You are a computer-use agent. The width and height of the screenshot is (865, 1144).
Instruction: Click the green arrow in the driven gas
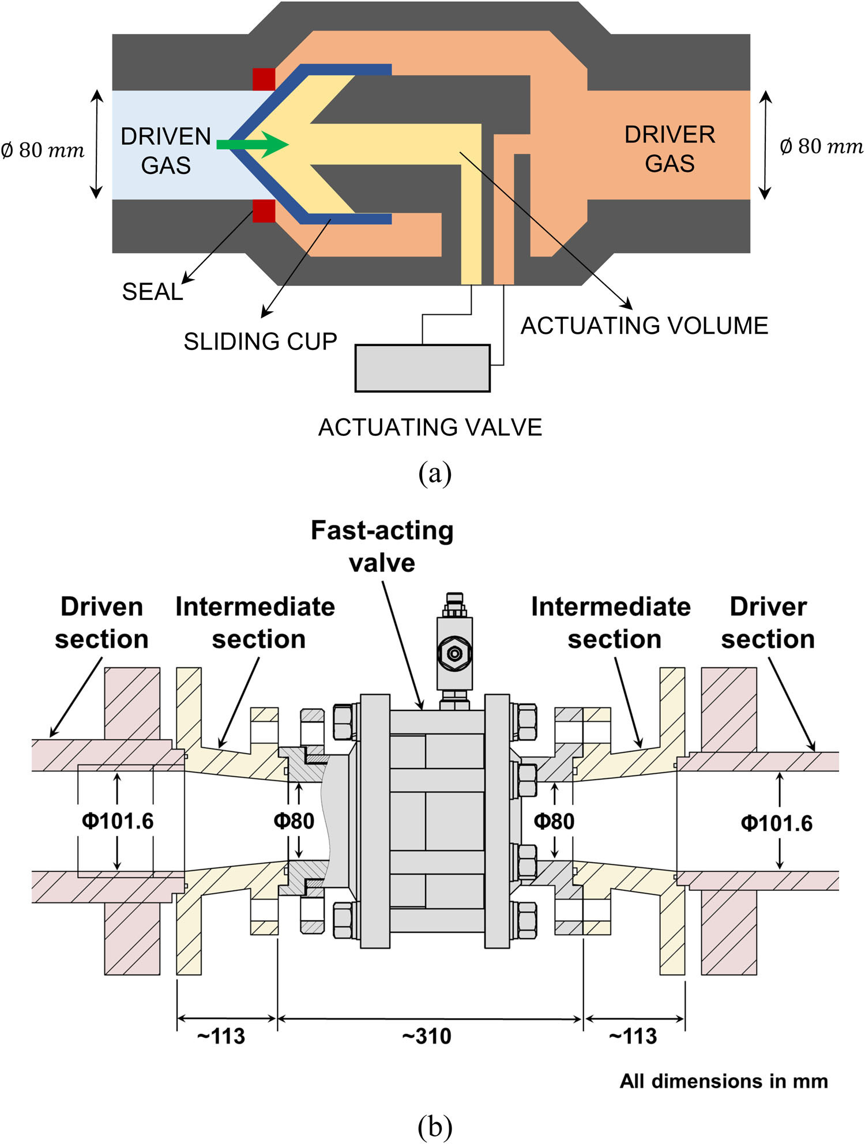coord(254,144)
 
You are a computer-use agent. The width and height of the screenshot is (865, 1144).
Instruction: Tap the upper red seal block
coord(264,80)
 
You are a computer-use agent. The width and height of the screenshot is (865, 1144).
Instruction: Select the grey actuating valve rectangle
coord(422,368)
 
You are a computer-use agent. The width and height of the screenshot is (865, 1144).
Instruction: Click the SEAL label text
coord(152,292)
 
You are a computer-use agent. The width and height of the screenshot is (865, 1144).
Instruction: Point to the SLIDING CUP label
coord(260,341)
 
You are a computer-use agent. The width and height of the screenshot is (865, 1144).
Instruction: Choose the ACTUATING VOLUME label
coord(644,326)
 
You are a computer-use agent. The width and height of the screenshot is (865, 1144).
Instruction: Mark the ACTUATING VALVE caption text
coord(430,427)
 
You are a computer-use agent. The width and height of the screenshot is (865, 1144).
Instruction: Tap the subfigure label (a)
coord(435,473)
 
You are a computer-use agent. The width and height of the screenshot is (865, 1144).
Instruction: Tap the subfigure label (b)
coord(435,1126)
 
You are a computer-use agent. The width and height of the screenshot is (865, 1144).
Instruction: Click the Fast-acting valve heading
coord(382,546)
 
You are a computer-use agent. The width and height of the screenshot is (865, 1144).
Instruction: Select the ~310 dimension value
coord(427,1036)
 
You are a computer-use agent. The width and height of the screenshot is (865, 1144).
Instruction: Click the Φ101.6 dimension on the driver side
coord(776,823)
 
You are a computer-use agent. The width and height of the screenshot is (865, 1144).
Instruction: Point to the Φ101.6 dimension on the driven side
coord(118,821)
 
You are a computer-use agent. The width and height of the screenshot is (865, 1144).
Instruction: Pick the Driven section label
coord(101,623)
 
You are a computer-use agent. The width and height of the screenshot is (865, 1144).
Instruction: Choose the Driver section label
coord(768,623)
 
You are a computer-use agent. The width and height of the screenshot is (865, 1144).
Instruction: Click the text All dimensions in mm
coord(724,1081)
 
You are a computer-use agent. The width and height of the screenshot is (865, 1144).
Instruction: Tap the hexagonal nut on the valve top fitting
coord(454,653)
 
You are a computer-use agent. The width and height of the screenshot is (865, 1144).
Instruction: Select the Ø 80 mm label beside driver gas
coord(821,146)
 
